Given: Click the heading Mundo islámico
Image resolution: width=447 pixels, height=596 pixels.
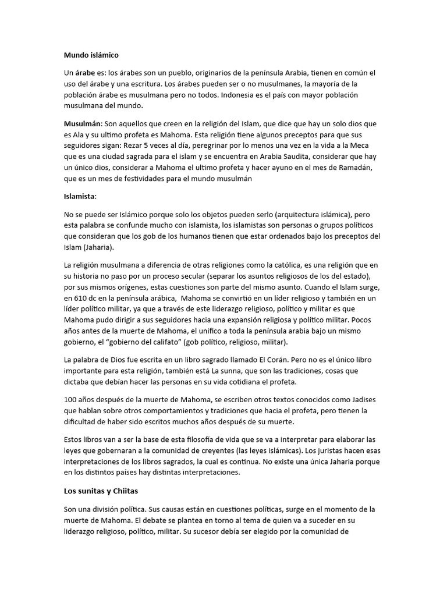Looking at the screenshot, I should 91,55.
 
